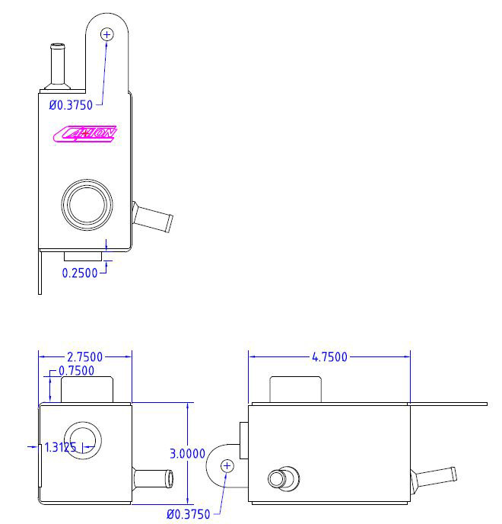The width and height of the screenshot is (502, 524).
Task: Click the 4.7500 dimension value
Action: pos(329,356)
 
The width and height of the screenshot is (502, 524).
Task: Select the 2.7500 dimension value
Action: pos(85,356)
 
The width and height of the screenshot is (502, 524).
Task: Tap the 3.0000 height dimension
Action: pos(187,453)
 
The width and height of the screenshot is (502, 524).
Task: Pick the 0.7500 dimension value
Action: pos(76,371)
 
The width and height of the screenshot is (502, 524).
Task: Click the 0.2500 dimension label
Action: pos(80,272)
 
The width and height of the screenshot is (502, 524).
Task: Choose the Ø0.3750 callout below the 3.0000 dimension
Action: pos(188,513)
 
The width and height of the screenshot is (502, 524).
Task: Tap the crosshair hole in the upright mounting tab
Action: pos(106,34)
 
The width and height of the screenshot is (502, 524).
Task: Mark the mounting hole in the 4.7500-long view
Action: pos(226,465)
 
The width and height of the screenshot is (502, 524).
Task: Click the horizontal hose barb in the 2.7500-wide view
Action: pos(154,479)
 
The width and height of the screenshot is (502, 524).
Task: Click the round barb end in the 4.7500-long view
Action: pos(277,480)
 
